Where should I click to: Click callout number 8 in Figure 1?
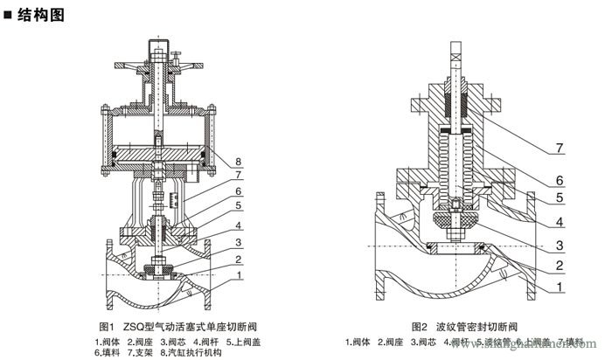click(239, 161)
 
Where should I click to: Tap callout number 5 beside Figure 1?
click(239, 205)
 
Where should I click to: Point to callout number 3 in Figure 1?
click(239, 242)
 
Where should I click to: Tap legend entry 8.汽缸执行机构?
click(188, 352)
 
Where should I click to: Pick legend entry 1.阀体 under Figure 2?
click(361, 341)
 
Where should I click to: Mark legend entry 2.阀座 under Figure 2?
click(394, 341)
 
